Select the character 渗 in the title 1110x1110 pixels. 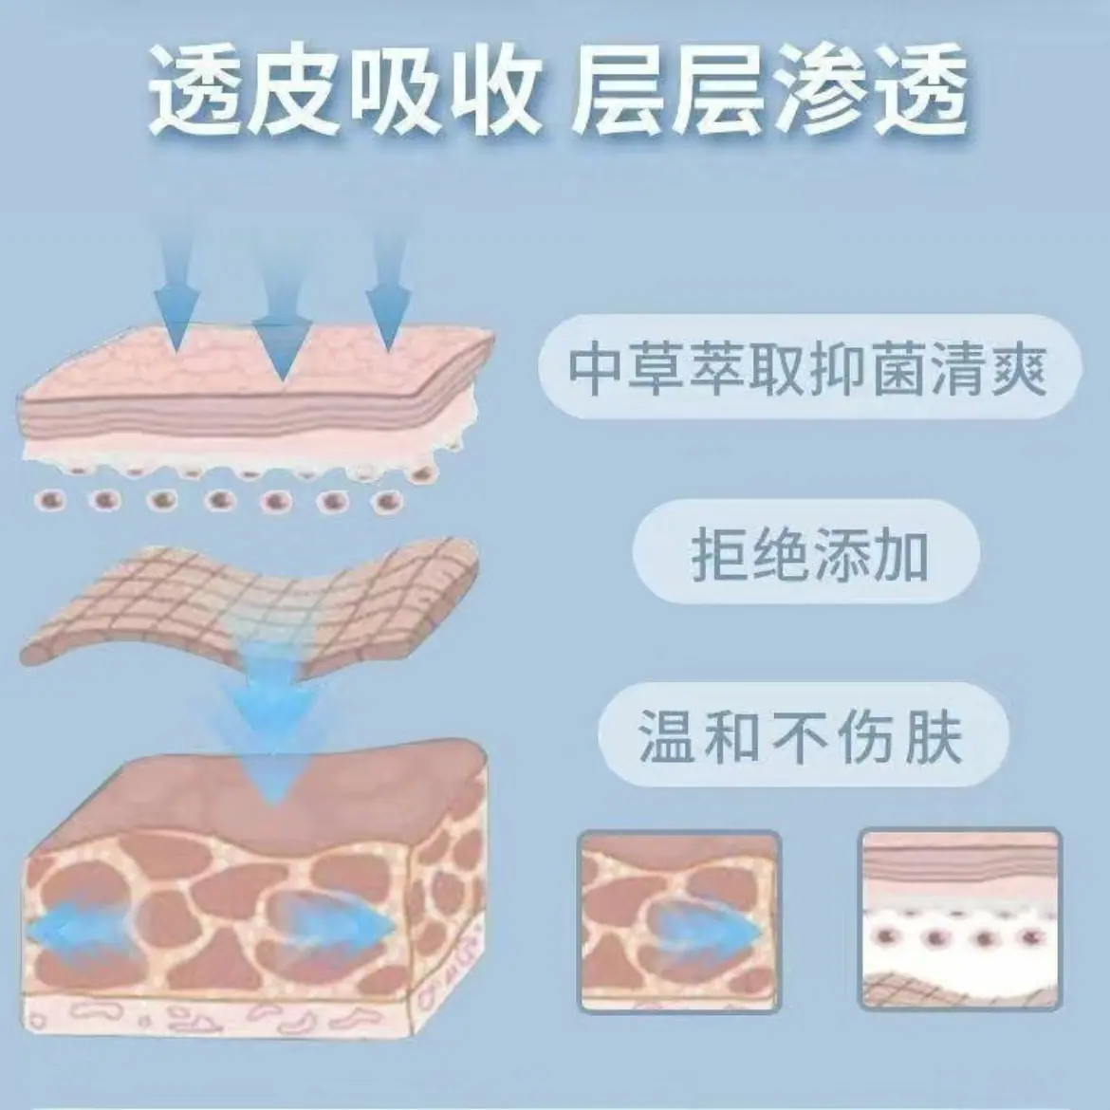click(x=821, y=91)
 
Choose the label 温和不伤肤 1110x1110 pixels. click(x=802, y=737)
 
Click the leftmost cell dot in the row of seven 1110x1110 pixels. click(x=50, y=501)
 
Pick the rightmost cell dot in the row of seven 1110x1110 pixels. click(x=387, y=502)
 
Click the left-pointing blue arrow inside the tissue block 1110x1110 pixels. click(x=78, y=928)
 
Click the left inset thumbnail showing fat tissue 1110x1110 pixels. click(x=679, y=921)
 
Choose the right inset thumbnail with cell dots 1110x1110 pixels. click(x=961, y=918)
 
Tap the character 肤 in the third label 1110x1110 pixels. click(x=936, y=737)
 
